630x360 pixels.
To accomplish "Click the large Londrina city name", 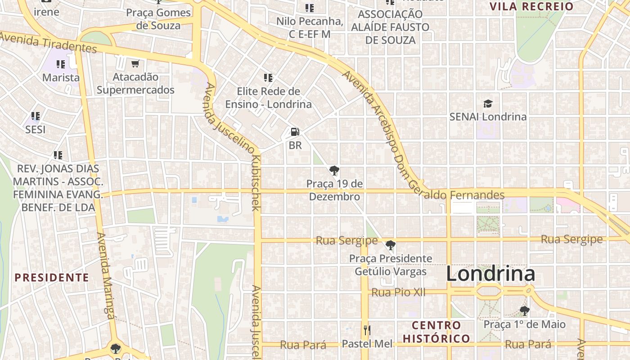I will coord(490,274).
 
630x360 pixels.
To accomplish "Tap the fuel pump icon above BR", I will coord(295,132).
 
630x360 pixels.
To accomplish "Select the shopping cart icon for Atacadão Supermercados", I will coord(135,63).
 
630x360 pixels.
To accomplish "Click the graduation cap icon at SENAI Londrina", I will coord(488,104).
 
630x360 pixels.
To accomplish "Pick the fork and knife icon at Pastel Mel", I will coord(367,331).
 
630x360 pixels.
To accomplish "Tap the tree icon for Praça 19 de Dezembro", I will coord(334,171).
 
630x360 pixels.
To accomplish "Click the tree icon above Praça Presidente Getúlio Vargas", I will coord(391,245).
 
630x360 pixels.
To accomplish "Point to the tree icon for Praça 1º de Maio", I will coord(524,311).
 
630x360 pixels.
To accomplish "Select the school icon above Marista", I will coord(61,64).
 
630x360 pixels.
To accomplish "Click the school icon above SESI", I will coord(36,116).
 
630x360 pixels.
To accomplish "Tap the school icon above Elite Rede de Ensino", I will coord(268,78).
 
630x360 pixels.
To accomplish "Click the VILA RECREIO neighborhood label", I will coord(531,6).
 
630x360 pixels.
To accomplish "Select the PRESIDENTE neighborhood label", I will coord(52,277).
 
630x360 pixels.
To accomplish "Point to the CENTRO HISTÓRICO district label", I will coord(436,332).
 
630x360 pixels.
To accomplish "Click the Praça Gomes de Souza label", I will coord(159,19).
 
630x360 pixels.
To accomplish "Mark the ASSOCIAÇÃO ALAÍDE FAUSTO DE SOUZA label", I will coord(390,27).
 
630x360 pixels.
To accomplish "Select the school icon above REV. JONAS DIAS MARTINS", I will coord(58,155).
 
